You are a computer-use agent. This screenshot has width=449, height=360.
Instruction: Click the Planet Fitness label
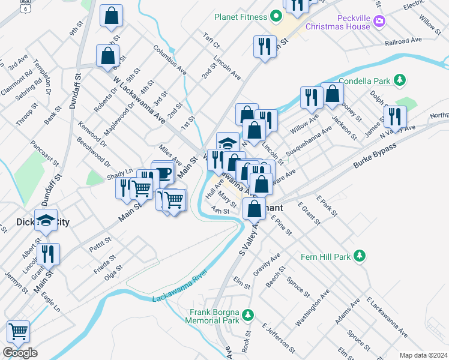pyautogui.click(x=240, y=17)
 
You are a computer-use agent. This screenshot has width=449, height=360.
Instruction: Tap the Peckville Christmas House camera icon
pyautogui.click(x=379, y=22)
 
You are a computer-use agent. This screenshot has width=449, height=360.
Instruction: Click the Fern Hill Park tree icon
pyautogui.click(x=360, y=256)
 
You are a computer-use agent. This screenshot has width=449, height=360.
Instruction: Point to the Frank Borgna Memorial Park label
pyautogui.click(x=215, y=316)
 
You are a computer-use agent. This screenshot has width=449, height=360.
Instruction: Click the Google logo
pyautogui.click(x=20, y=353)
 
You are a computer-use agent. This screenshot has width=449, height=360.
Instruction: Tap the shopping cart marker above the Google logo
pyautogui.click(x=18, y=331)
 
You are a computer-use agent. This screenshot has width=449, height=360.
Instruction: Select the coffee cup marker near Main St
pyautogui.click(x=163, y=173)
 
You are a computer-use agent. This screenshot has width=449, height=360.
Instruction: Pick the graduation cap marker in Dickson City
pyautogui.click(x=46, y=220)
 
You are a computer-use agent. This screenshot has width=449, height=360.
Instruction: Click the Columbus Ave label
pyautogui.click(x=170, y=60)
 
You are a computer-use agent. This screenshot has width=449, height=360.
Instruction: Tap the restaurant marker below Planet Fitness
pyautogui.click(x=265, y=46)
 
